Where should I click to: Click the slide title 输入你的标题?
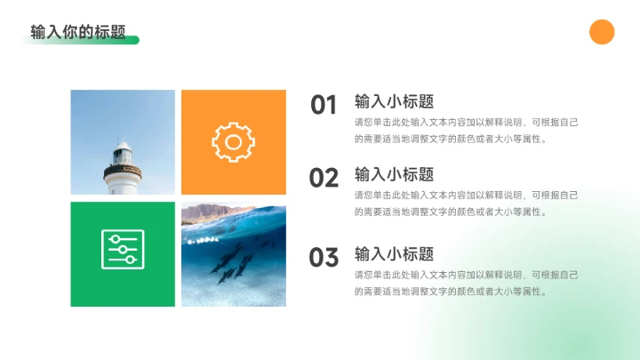coord(78,32)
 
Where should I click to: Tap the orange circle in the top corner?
coord(602,32)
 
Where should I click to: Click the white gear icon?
coord(233,142)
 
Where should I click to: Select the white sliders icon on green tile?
coord(123,250)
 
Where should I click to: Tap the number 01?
coord(324,105)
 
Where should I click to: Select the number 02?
coord(324,178)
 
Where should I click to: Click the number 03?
coord(324,258)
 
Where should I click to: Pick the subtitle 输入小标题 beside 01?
coord(394,100)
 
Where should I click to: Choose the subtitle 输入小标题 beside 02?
coord(394,173)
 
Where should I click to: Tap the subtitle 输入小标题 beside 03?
coord(394,253)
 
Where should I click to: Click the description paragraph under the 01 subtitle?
coord(466,131)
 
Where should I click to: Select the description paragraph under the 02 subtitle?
coord(466,204)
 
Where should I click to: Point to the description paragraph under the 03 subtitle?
coord(466,283)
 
